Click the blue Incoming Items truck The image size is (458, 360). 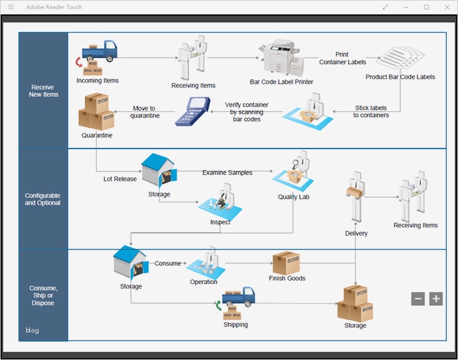tap(99, 51)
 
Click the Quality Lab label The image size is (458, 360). tap(293, 197)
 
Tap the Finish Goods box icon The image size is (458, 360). tap(286, 262)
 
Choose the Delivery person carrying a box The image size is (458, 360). tap(356, 196)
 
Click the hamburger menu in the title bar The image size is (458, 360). tap(10, 7)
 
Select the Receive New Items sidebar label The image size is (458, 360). tap(43, 91)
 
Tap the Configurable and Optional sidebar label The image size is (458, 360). tap(43, 200)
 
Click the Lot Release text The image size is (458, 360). tap(120, 179)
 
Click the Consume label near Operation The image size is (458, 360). tap(167, 264)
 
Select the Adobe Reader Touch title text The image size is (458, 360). tap(54, 7)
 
